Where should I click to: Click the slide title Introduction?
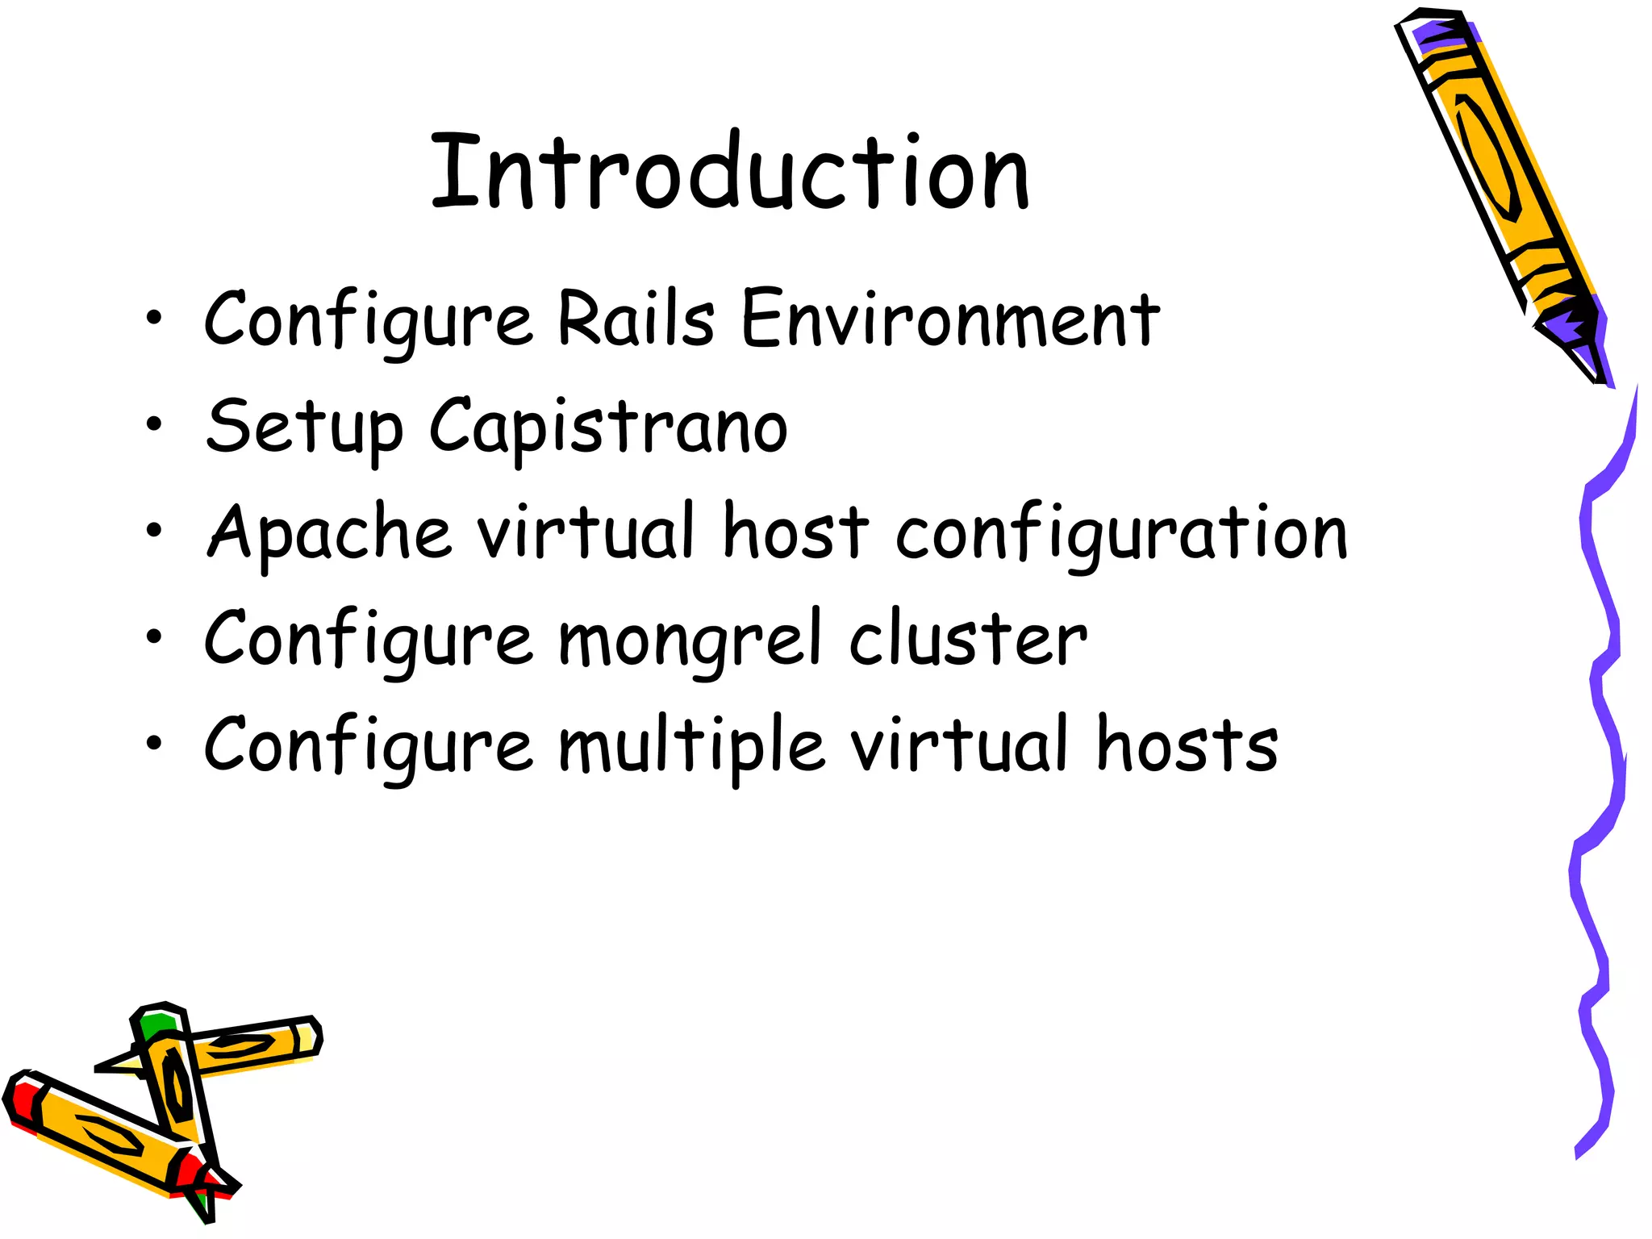tap(730, 171)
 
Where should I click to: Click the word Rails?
tap(636, 318)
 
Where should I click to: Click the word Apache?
tap(329, 532)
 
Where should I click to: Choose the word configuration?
tap(1121, 532)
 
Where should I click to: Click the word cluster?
tap(968, 639)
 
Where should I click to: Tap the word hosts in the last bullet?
tap(1187, 744)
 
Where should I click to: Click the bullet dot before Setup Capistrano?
tap(154, 423)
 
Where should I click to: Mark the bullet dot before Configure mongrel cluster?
tap(154, 636)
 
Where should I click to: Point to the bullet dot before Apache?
tap(154, 530)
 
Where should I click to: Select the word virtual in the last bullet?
tap(961, 744)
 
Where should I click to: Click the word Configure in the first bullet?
tap(368, 319)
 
